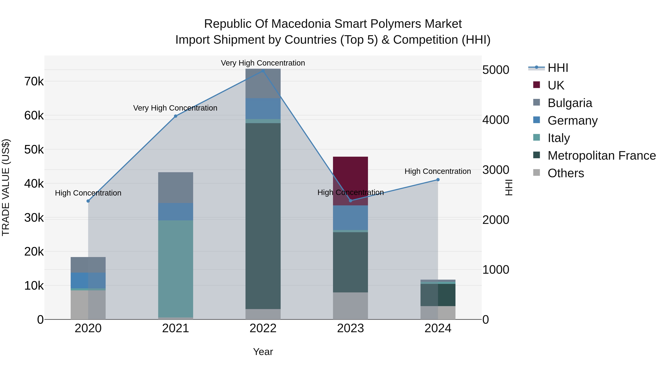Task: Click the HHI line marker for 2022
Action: (263, 71)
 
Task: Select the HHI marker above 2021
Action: (176, 116)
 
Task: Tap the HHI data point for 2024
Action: (438, 180)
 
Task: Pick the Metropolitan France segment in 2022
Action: (263, 216)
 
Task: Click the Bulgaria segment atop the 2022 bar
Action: (263, 83)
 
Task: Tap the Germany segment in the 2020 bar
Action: (88, 280)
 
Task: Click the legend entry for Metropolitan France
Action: (601, 156)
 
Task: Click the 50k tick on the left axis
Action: (34, 150)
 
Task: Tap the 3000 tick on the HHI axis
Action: (496, 170)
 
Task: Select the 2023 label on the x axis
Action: (350, 328)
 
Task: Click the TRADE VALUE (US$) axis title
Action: (6, 187)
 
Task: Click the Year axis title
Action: (263, 352)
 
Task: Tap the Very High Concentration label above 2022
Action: (263, 63)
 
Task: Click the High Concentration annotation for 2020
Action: (88, 193)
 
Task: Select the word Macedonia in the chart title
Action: (301, 24)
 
